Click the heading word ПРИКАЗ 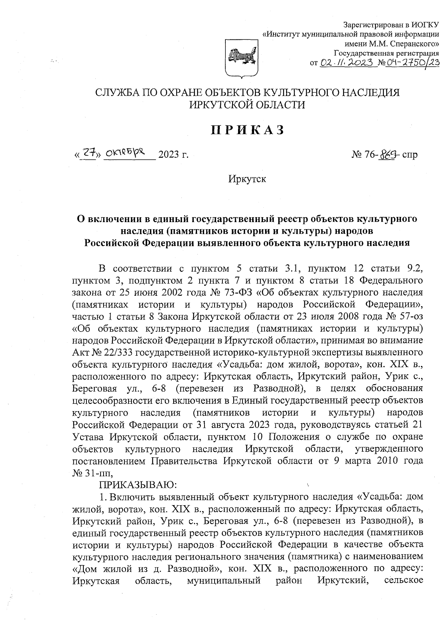[x=248, y=130]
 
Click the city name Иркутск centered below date [x=247, y=179]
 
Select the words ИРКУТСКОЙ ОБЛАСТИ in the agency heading [x=247, y=105]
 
